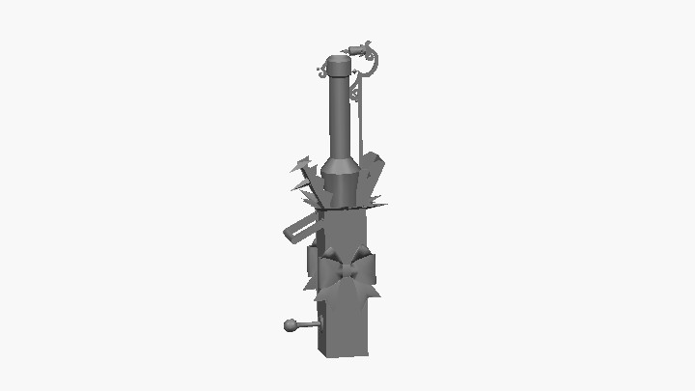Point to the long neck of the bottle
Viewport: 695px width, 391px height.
pyautogui.click(x=338, y=116)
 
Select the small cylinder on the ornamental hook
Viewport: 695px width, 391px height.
pyautogui.click(x=362, y=46)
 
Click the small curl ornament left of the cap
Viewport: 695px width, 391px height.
pyautogui.click(x=321, y=71)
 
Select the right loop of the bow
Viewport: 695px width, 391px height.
pyautogui.click(x=363, y=265)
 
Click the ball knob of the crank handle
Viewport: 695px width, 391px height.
pyautogui.click(x=289, y=325)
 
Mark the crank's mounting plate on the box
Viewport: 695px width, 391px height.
pyautogui.click(x=320, y=319)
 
